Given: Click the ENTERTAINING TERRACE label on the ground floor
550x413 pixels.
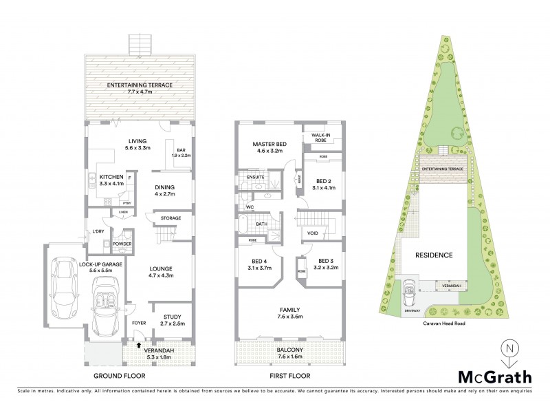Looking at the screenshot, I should pyautogui.click(x=140, y=85).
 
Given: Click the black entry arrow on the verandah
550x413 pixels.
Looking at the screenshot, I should pyautogui.click(x=139, y=346).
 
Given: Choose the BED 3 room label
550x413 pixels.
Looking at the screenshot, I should pyautogui.click(x=322, y=262).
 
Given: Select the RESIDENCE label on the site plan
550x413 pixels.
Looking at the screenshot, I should pyautogui.click(x=434, y=255).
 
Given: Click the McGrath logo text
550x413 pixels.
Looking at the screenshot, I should pyautogui.click(x=495, y=377).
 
